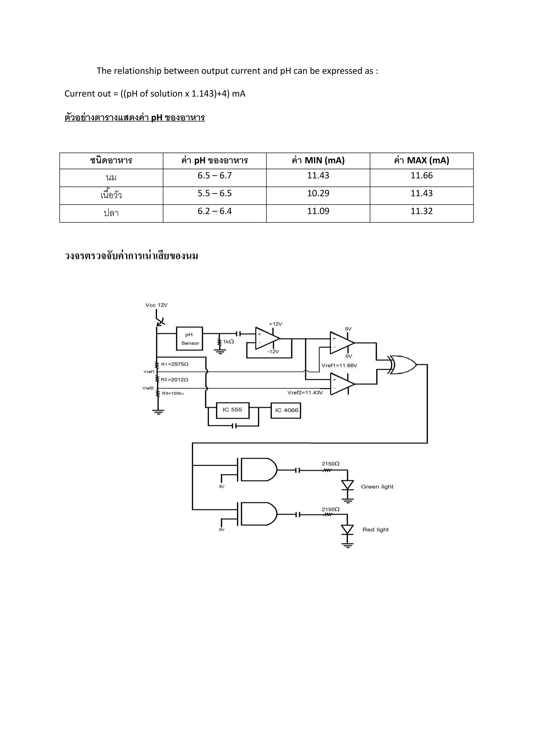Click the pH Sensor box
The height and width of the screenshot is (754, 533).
click(x=189, y=338)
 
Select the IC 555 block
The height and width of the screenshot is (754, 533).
click(x=232, y=410)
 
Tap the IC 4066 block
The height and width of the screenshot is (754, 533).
click(x=286, y=410)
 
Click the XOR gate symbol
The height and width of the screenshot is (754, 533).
click(x=402, y=365)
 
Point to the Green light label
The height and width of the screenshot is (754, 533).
click(x=377, y=487)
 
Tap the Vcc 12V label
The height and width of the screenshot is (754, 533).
click(x=157, y=305)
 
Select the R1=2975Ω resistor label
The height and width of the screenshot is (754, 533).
click(x=175, y=364)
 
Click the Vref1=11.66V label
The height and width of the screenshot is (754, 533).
click(x=339, y=366)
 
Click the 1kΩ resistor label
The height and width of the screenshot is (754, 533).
click(x=229, y=342)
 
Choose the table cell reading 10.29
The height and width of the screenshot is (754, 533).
click(x=318, y=193)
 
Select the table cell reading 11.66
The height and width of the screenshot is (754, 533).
click(x=421, y=176)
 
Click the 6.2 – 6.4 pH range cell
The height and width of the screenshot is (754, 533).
click(x=215, y=211)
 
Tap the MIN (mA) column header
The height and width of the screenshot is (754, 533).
click(x=318, y=161)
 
